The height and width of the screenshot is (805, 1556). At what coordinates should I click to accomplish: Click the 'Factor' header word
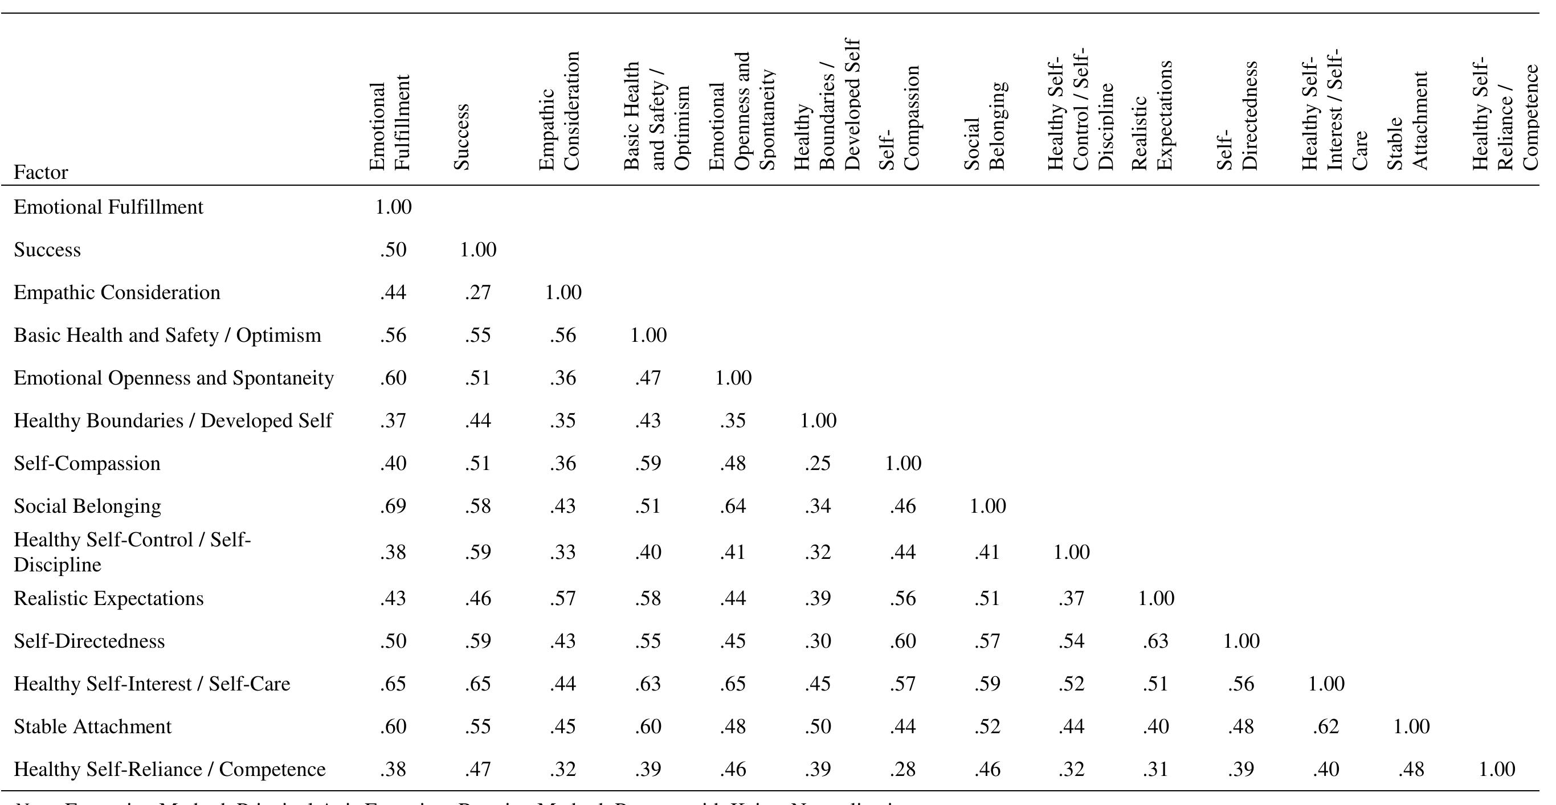coord(40,173)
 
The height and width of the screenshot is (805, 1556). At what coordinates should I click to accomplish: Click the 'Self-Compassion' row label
coord(87,463)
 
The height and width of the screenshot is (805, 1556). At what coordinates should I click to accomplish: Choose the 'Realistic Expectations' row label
coord(109,598)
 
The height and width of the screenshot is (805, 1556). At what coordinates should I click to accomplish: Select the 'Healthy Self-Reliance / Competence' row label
coord(169,769)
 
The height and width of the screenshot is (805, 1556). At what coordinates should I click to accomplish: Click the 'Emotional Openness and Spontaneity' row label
coord(173,378)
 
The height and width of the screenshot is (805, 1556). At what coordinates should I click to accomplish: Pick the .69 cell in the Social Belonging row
coord(393,506)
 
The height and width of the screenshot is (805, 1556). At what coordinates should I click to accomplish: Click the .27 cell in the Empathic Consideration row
coord(478,292)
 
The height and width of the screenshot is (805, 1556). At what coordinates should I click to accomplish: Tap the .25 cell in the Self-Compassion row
coord(817,463)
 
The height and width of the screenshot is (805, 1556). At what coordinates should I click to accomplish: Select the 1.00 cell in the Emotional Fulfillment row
coord(393,207)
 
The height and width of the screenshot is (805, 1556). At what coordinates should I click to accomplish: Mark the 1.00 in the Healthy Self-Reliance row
coord(1497,769)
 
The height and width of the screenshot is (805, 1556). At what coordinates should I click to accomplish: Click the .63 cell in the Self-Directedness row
coord(1155,641)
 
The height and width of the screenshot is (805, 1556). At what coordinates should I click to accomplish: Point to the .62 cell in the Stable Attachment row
coord(1326,726)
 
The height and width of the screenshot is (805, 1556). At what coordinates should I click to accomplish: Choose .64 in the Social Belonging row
coord(733,506)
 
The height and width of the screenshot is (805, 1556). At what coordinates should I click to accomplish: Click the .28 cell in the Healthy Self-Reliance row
coord(902,769)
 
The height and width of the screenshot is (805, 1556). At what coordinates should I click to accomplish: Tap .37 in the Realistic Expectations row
coord(1071,598)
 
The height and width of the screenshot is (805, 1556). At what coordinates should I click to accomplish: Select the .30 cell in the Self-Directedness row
coord(817,641)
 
